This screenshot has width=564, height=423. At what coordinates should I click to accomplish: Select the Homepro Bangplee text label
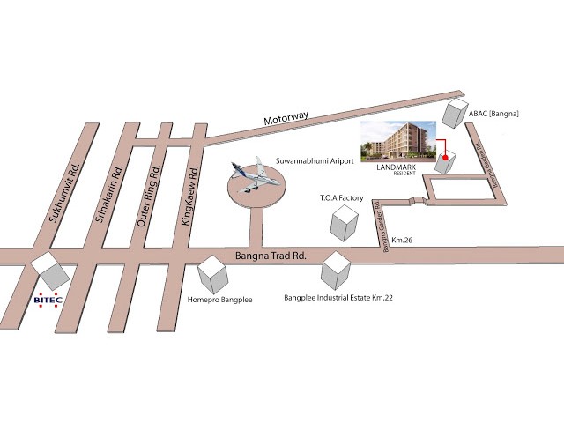tap(220, 300)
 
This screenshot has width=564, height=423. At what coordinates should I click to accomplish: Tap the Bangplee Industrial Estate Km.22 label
tap(338, 298)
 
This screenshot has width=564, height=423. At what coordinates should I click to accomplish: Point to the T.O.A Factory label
tap(342, 199)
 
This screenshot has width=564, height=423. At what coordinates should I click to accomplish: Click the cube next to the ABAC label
tap(456, 113)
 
